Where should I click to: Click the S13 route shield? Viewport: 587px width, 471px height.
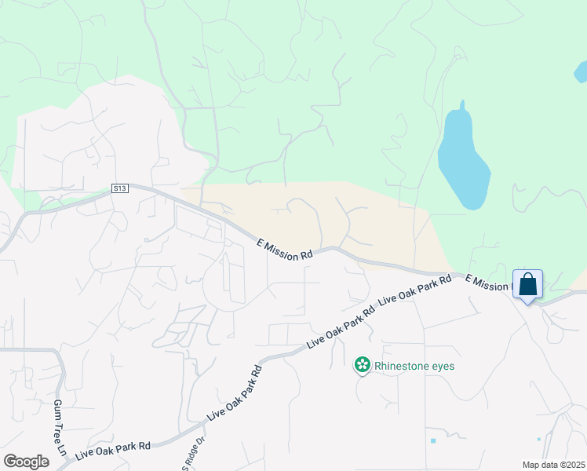(x=118, y=188)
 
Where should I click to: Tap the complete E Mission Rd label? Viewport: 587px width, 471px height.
(x=285, y=249)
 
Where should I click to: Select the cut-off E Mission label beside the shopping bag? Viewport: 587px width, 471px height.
(x=487, y=283)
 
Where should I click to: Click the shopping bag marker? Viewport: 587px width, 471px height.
(x=528, y=284)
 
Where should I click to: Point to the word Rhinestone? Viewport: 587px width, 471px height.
(x=400, y=366)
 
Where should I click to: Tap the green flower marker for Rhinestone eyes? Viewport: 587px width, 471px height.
(x=362, y=364)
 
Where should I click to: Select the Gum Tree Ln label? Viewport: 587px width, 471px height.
(x=59, y=427)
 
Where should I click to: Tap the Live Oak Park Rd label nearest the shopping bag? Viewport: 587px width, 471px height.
(x=414, y=290)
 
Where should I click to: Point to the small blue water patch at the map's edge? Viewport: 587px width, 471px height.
(x=581, y=72)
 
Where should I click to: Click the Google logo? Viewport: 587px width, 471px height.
(x=26, y=462)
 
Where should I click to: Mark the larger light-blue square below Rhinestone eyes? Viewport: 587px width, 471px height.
(x=433, y=440)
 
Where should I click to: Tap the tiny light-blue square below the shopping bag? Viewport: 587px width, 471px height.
(x=538, y=439)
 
